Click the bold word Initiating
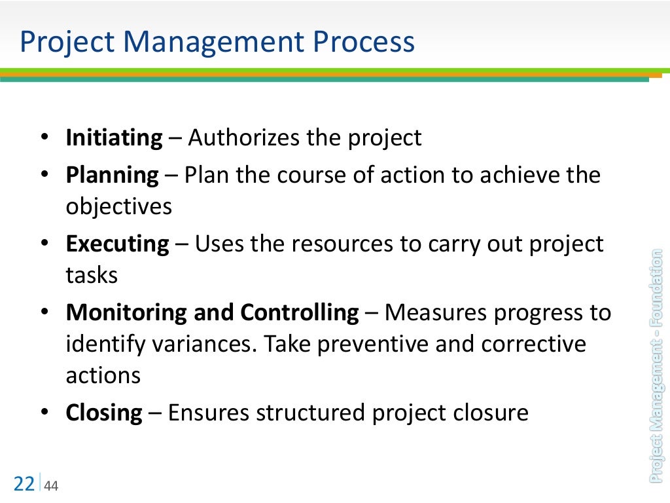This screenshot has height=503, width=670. (x=114, y=139)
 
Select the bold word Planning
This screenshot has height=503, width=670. (x=112, y=176)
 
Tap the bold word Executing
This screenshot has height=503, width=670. (x=117, y=244)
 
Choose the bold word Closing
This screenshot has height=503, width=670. (x=103, y=413)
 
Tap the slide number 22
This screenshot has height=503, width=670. (x=24, y=484)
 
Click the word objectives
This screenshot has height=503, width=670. (x=118, y=207)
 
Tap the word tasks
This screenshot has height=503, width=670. (x=92, y=275)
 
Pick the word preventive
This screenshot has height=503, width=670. (x=416, y=345)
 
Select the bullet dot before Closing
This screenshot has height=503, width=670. (x=44, y=413)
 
